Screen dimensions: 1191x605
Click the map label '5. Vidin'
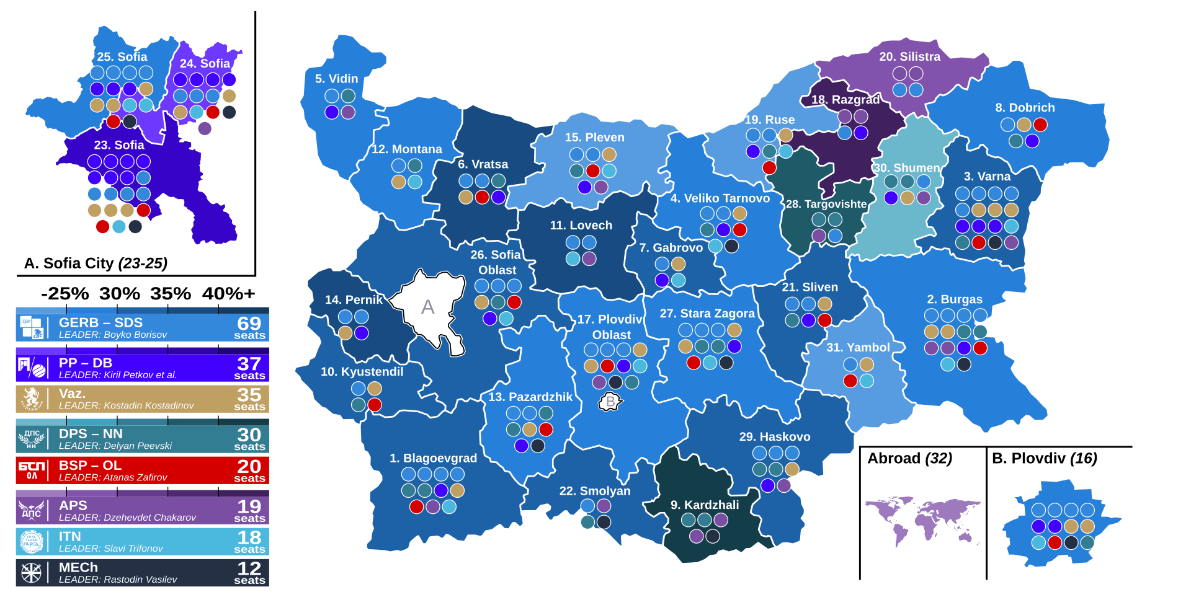pos(336,79)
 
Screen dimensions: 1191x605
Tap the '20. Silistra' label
pos(909,56)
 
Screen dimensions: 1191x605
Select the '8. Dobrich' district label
pos(1025,107)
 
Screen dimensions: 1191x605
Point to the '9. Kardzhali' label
pos(705,505)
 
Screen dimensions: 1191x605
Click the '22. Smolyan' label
pos(594,491)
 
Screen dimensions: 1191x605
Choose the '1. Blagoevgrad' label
pos(433,458)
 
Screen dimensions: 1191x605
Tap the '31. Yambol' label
pos(858,347)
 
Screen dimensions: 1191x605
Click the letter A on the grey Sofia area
pos(427,307)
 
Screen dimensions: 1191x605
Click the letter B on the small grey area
pos(610,402)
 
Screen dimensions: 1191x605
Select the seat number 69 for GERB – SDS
pos(249,323)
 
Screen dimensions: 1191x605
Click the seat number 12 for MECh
pos(249,568)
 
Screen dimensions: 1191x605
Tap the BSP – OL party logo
pos(31,470)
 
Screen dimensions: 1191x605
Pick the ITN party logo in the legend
pos(31,542)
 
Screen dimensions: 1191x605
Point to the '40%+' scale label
pos(228,293)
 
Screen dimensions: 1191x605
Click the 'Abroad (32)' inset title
pos(909,458)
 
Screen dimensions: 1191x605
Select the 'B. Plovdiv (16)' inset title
pos(1044,458)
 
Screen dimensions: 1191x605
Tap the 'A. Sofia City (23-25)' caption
pos(96,263)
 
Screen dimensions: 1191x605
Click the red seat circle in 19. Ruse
pos(769,167)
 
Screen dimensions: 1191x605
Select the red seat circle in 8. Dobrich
pos(1040,125)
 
